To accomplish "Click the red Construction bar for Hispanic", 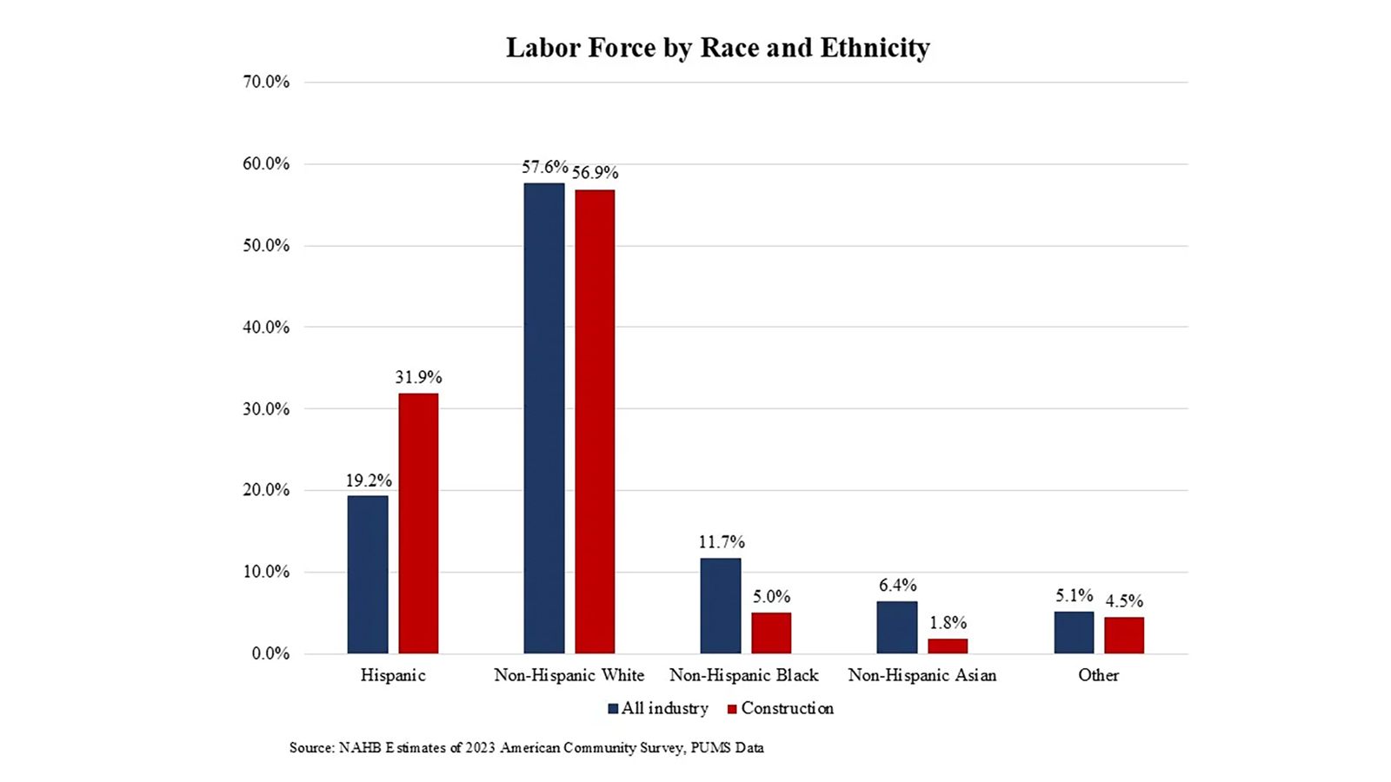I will [418, 523].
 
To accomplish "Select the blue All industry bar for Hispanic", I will [368, 574].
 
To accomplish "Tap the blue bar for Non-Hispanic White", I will [544, 418].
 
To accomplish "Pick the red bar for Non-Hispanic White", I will [595, 421].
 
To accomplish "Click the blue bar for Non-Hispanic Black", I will [721, 606].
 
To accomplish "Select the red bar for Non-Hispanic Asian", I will [948, 646].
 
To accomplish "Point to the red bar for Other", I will [1124, 635].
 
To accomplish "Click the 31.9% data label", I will [418, 377].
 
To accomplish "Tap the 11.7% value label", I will [722, 542].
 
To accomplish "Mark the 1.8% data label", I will [948, 623].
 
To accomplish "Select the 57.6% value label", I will [544, 167].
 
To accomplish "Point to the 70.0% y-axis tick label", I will [266, 82].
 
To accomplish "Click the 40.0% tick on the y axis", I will [266, 328].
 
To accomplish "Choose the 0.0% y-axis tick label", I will [270, 653].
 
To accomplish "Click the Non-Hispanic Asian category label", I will [922, 675].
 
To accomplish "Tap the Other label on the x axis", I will [1098, 675].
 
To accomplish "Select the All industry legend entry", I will [658, 708].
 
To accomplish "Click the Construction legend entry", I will [780, 708].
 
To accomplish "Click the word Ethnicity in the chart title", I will [875, 47].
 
